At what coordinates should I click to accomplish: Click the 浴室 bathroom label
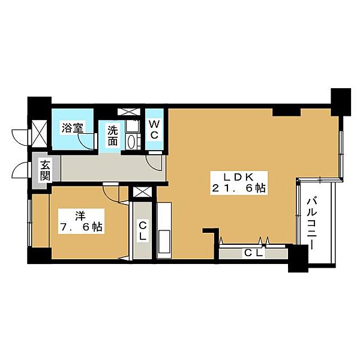click(72, 127)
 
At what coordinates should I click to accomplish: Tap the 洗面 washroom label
click(113, 136)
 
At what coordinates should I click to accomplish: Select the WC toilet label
click(154, 130)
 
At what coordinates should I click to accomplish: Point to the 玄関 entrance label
click(46, 170)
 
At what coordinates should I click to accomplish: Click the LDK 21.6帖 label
click(239, 183)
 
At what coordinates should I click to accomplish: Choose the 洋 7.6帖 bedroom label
click(81, 221)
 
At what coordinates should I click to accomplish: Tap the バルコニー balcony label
click(312, 224)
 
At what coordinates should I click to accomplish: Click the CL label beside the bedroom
click(143, 231)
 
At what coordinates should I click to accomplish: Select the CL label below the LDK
click(253, 253)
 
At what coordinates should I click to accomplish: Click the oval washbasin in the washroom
click(131, 142)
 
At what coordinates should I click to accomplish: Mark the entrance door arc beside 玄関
click(20, 170)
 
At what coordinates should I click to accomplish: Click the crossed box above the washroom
click(129, 112)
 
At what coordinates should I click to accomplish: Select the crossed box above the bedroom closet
click(142, 192)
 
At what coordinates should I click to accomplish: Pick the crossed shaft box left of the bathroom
click(39, 133)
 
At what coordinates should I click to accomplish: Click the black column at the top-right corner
click(341, 103)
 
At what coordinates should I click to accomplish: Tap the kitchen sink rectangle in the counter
click(164, 241)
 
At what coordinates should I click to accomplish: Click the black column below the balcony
click(298, 258)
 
